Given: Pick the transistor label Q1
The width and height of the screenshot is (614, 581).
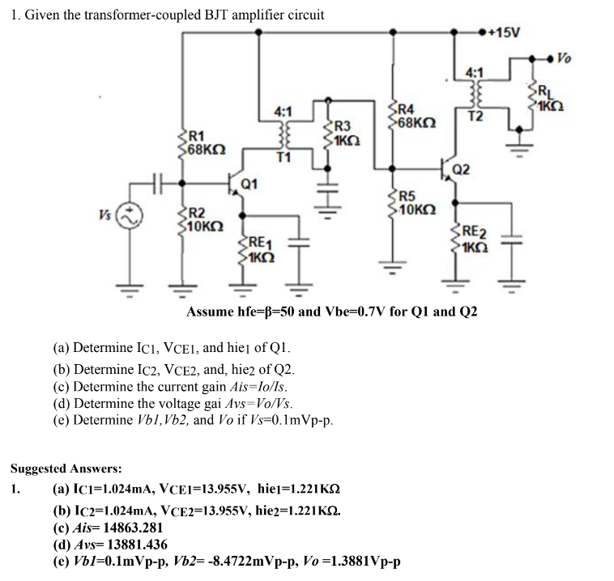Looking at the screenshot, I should coord(250,184).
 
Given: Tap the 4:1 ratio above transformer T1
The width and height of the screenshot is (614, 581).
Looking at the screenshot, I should coord(283,110).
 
